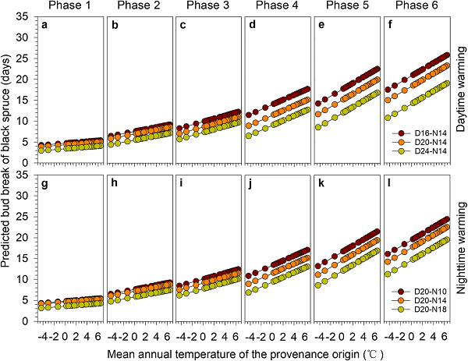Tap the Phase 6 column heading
click(x=419, y=7)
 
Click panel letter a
click(x=44, y=25)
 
